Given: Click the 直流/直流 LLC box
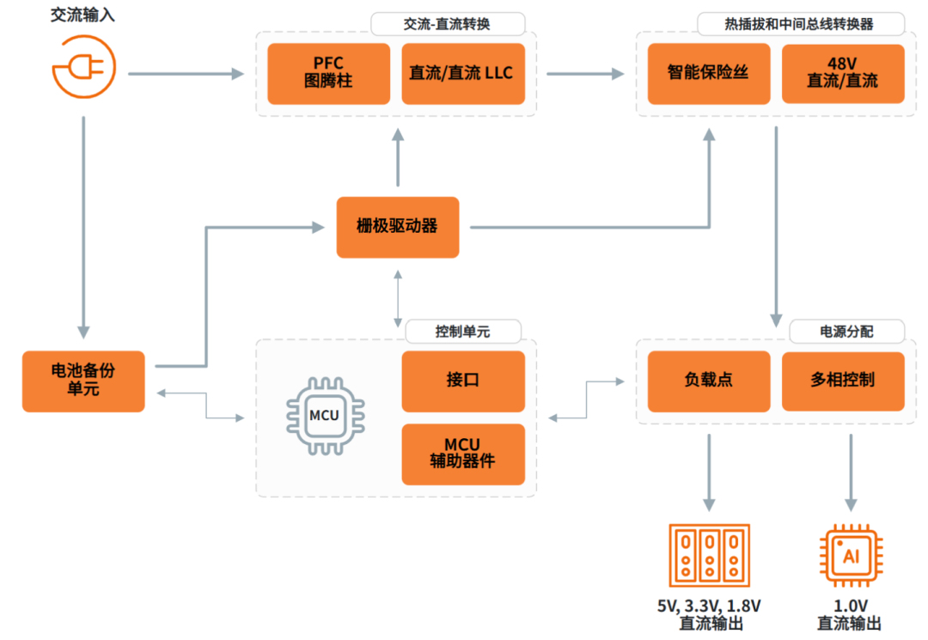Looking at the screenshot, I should (462, 74).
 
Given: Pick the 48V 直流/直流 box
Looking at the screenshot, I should (842, 74).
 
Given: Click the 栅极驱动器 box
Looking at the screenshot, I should (397, 227).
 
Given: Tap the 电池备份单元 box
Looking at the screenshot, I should (83, 381).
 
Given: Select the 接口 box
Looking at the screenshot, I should (462, 381).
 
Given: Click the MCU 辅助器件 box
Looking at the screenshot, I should (462, 453).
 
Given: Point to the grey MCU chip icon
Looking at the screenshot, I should (323, 417).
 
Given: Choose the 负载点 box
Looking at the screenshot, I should (708, 381).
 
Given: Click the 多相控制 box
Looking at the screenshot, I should (842, 381).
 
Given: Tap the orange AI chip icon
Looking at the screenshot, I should (851, 555).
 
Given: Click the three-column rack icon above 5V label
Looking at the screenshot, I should (709, 555).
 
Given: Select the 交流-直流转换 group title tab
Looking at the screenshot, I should (447, 23).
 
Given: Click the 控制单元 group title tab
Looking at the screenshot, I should (462, 331).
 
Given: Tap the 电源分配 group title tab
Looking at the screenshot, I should (846, 331).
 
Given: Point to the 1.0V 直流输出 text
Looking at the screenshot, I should (849, 615).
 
